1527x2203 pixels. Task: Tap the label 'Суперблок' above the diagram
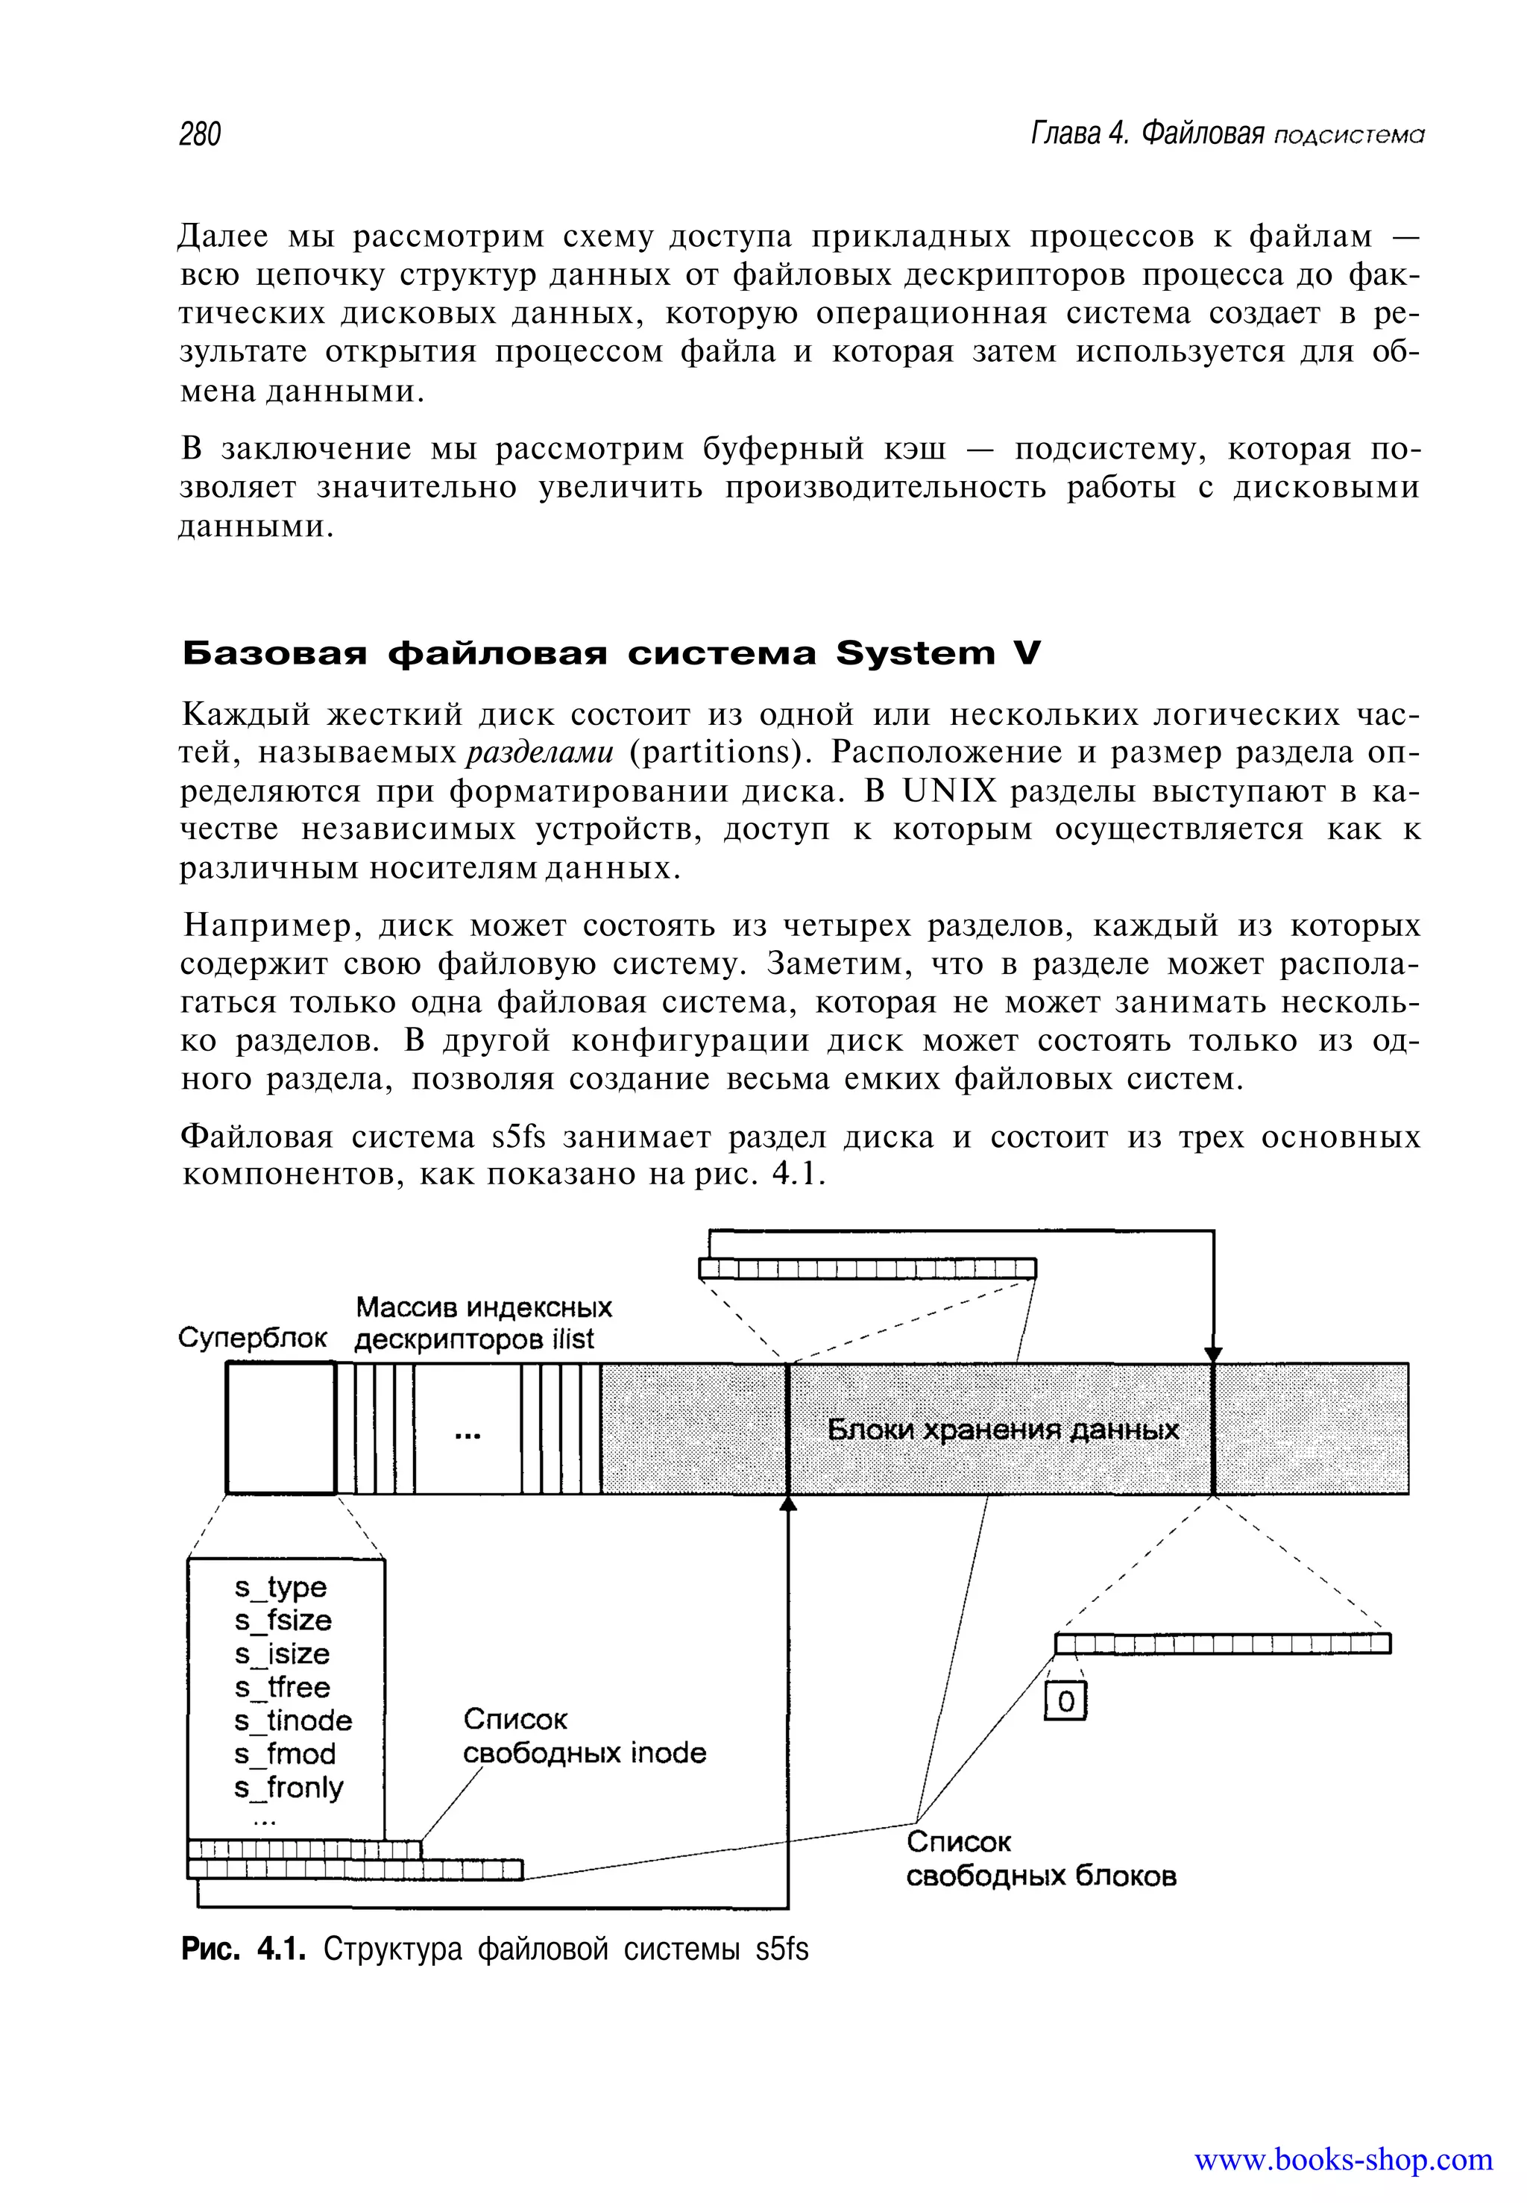point(253,1337)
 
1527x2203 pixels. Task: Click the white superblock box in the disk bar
point(281,1428)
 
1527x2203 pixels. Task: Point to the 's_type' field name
point(280,1588)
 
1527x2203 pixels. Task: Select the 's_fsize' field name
point(283,1621)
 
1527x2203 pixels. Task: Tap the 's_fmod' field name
point(284,1754)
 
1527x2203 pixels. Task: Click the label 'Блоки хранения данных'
point(1003,1430)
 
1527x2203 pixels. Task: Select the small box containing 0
point(1065,1703)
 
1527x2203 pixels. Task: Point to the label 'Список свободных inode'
point(584,1736)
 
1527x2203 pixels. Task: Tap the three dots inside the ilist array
point(467,1436)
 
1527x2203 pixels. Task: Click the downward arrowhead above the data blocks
point(1213,1354)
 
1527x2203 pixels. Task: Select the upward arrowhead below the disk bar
point(787,1503)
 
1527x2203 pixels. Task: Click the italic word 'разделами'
point(538,753)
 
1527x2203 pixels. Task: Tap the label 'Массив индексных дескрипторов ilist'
point(482,1322)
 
